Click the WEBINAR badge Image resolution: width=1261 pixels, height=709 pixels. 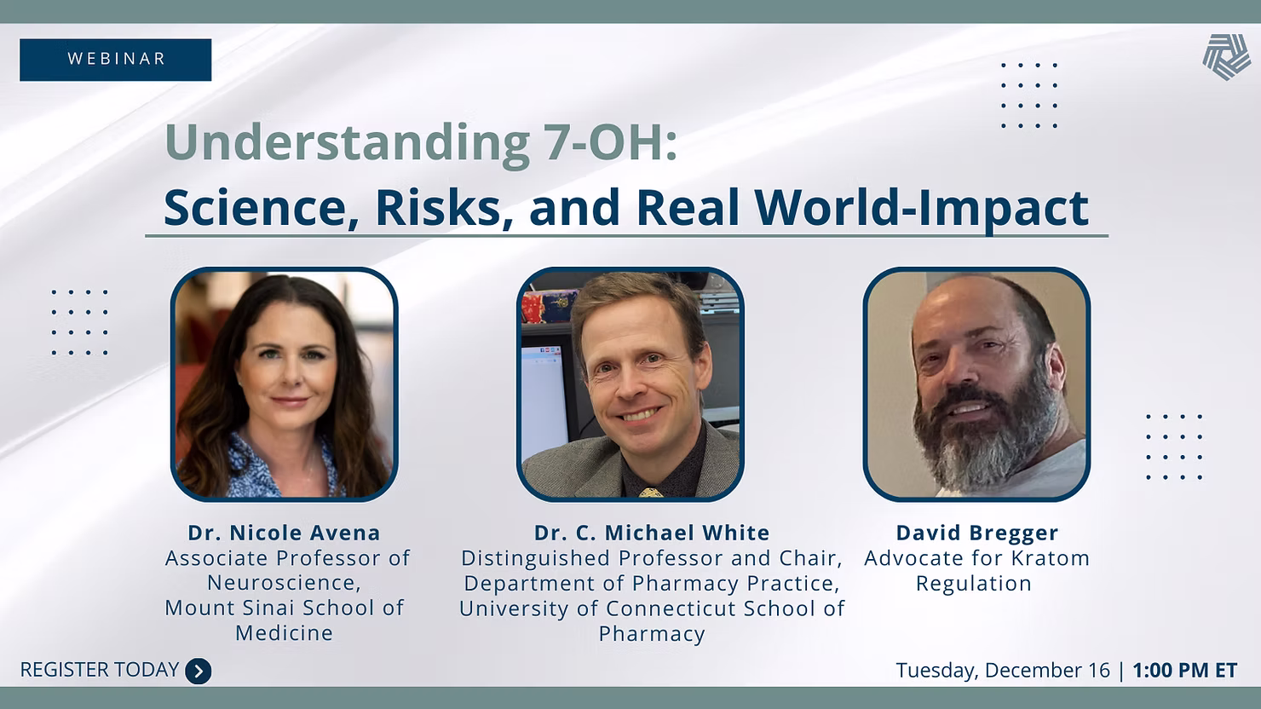(115, 60)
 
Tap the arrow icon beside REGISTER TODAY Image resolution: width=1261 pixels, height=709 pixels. (199, 671)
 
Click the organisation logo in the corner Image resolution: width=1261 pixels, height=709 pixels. (1227, 56)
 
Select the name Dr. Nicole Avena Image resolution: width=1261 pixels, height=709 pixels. (285, 533)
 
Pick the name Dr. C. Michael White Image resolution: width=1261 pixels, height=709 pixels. (652, 533)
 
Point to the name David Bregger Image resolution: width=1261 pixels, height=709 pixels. (977, 533)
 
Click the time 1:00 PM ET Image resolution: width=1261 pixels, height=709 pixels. (1185, 670)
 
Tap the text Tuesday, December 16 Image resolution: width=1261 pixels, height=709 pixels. (1003, 670)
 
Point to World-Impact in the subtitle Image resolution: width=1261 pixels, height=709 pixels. (922, 209)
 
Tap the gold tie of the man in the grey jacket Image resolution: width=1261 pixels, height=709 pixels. (651, 493)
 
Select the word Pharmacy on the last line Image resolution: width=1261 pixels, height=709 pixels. (652, 634)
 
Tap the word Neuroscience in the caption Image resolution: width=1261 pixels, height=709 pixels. (284, 583)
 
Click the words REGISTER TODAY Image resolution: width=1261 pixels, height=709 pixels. (100, 670)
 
